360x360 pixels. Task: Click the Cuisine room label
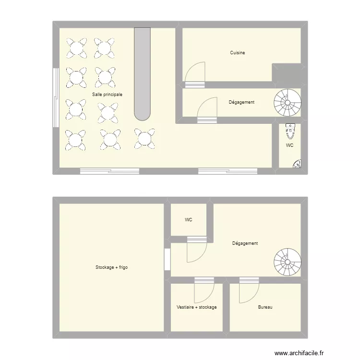coord(237,53)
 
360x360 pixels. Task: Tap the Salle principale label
coord(107,95)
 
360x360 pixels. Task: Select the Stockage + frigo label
coord(111,267)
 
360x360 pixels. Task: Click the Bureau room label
coord(264,307)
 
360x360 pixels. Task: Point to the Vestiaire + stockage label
coord(196,307)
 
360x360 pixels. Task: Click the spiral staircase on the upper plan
coord(288,102)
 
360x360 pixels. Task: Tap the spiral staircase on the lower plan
coord(288,262)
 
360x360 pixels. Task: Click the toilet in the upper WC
coord(289,130)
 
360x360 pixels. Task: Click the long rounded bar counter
coord(142,72)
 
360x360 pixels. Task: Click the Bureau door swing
coord(248,291)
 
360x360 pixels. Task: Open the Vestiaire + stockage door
coord(204,291)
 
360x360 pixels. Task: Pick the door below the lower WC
coord(196,250)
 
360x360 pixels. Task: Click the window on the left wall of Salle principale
coord(56,97)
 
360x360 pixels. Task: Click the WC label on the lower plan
coord(189,220)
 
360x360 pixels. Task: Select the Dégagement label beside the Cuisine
coord(241,102)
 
